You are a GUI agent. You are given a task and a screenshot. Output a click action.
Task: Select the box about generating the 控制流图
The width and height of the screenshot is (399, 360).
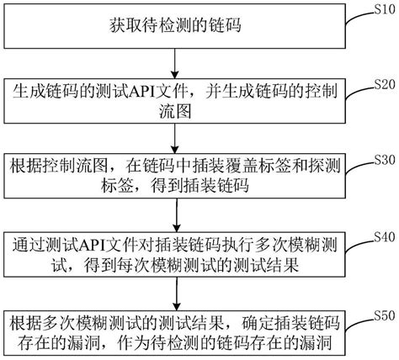174,99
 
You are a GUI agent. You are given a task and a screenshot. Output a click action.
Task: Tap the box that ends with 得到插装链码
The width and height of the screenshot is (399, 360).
174,174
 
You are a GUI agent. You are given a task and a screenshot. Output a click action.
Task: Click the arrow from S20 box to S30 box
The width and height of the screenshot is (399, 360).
174,136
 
